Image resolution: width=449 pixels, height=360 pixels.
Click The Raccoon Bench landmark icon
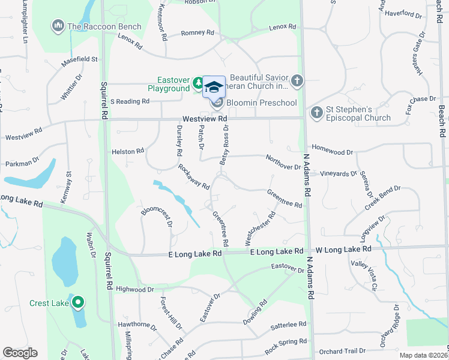[x=58, y=26]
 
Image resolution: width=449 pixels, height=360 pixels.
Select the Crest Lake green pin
[x=78, y=303]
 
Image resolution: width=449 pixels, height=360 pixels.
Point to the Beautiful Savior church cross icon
[x=297, y=81]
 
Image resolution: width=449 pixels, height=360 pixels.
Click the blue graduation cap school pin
[x=214, y=87]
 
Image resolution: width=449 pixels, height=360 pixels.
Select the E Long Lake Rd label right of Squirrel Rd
[x=195, y=254]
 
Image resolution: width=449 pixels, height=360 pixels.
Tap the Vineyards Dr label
[x=337, y=173]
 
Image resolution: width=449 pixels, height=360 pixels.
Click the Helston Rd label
[x=128, y=152]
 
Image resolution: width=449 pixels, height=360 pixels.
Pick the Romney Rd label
[x=197, y=34]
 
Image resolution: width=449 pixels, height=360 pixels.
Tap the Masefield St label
[x=79, y=61]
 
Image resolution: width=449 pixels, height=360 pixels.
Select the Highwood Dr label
[x=134, y=289]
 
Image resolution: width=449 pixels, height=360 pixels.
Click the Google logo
[x=20, y=353]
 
